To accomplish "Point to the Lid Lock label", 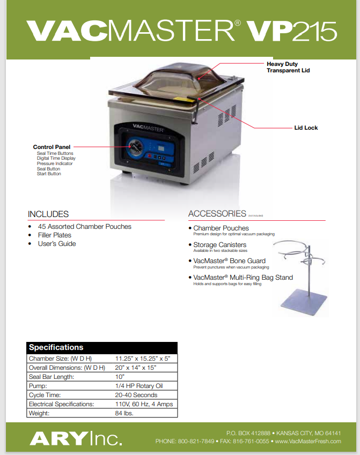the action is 306,128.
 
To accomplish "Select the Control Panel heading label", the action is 52,147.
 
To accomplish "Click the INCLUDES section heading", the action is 48,214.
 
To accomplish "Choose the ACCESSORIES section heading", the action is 217,214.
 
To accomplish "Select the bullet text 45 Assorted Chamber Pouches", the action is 85,227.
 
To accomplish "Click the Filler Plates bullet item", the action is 55,235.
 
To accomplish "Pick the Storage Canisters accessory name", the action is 220,245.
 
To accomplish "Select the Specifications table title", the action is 56,347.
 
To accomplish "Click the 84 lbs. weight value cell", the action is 124,413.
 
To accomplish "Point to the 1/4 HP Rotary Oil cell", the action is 139,386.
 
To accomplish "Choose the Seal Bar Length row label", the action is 52,377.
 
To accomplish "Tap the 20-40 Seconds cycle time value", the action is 136,395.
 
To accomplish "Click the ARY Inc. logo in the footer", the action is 76,439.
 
